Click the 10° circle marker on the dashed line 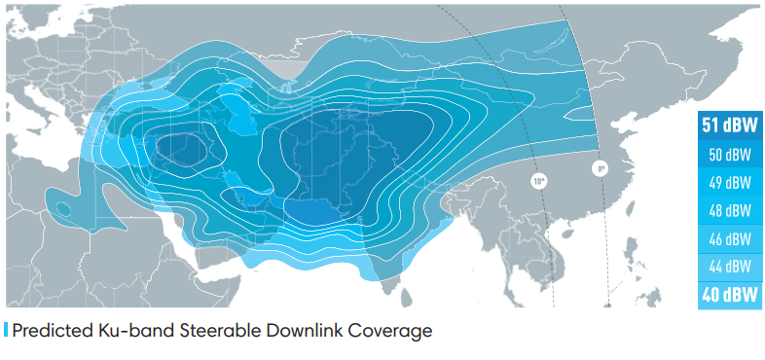[x=539, y=180]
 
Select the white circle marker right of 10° [x=601, y=168]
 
